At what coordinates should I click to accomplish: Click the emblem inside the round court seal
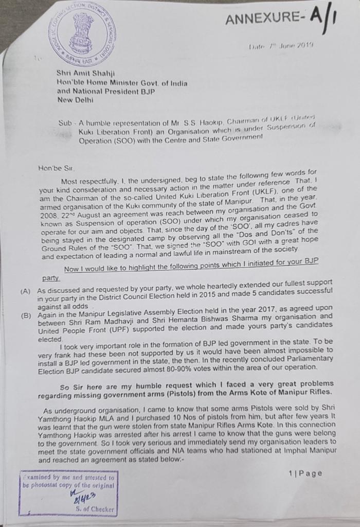[82, 32]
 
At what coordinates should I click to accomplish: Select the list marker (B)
[26, 315]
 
